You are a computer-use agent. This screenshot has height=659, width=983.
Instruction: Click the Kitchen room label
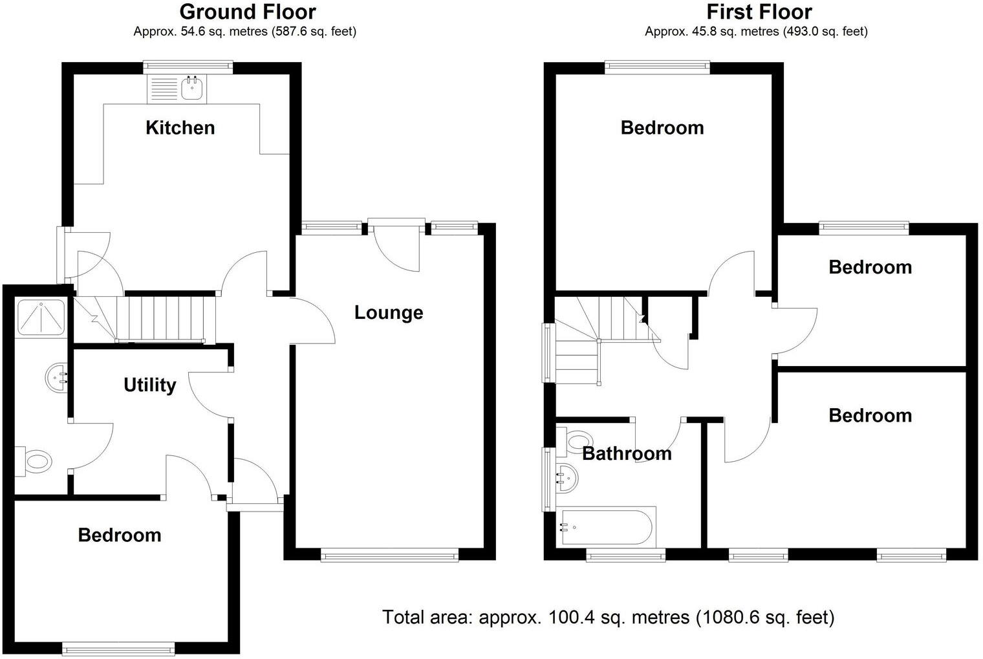click(180, 127)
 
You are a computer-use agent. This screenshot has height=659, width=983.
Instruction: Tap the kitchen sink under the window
click(191, 89)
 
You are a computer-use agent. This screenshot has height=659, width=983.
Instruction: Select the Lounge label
click(389, 312)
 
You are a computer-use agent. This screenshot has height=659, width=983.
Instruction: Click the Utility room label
click(149, 385)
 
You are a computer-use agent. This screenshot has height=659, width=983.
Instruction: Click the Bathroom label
click(627, 453)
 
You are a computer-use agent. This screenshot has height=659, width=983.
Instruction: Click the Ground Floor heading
click(247, 12)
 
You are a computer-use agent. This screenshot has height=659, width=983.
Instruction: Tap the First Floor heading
click(759, 12)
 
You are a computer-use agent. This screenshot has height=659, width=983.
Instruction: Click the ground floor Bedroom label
click(119, 535)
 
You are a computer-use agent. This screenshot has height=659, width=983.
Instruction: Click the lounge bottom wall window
click(389, 554)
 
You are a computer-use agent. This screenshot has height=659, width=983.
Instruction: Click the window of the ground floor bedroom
click(118, 647)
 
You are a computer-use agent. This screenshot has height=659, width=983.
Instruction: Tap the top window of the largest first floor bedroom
click(657, 67)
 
